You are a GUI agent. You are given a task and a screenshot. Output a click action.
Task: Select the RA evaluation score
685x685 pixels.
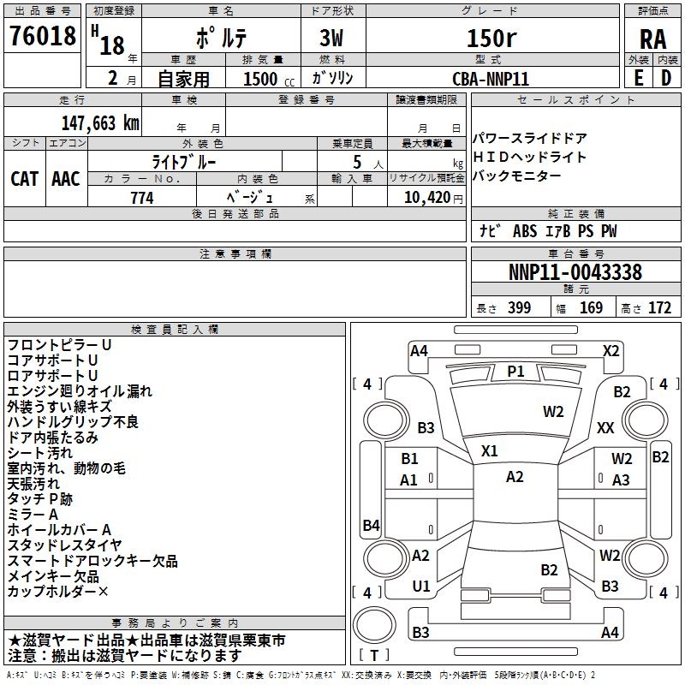pyautogui.click(x=652, y=38)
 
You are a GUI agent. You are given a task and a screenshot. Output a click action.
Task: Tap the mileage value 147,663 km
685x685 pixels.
pyautogui.click(x=100, y=122)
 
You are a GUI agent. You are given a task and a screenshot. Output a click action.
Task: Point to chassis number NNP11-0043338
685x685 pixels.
pyautogui.click(x=575, y=272)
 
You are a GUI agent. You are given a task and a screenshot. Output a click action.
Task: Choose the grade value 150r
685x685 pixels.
pyautogui.click(x=491, y=39)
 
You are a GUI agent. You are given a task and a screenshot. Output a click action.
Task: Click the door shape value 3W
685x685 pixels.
pyautogui.click(x=331, y=39)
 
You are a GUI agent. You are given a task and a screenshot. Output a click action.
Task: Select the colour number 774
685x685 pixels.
pyautogui.click(x=141, y=197)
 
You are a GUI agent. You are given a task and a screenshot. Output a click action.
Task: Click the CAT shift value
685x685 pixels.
pyautogui.click(x=25, y=178)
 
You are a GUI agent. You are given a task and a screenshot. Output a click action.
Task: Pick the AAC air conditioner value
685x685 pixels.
pyautogui.click(x=66, y=178)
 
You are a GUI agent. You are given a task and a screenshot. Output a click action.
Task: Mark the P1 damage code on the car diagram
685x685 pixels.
pyautogui.click(x=515, y=371)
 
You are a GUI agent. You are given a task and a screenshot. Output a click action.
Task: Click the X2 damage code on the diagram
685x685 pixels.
pyautogui.click(x=611, y=350)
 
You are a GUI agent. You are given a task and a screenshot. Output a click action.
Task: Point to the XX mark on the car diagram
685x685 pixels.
pyautogui.click(x=605, y=427)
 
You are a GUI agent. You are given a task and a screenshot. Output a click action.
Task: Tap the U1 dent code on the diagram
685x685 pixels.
pyautogui.click(x=420, y=586)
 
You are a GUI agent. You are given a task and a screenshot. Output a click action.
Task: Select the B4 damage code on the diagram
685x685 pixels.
pyautogui.click(x=371, y=525)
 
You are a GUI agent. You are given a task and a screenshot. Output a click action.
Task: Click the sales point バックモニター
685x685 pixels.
pyautogui.click(x=517, y=176)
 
